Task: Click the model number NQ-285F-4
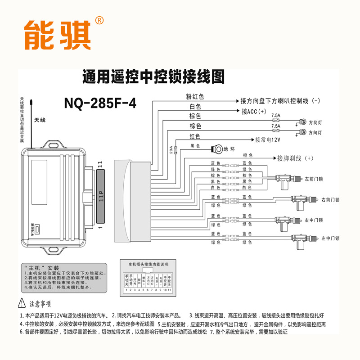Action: click(100, 103)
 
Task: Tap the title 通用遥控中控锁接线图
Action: click(153, 77)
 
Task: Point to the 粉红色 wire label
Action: click(195, 97)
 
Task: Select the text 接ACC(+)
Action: click(254, 111)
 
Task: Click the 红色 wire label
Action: click(195, 136)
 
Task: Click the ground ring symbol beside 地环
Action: click(218, 149)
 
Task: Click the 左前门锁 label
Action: click(314, 178)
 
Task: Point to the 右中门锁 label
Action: click(314, 220)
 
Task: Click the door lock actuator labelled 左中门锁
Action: click(297, 240)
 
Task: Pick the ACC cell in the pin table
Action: click(135, 282)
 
